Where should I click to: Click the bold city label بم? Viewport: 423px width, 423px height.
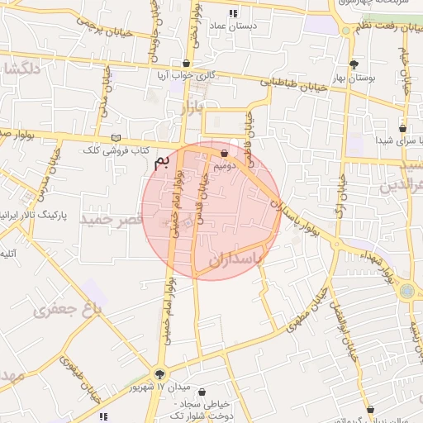pyautogui.click(x=167, y=160)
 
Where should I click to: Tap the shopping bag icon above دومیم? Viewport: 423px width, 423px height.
pyautogui.click(x=224, y=153)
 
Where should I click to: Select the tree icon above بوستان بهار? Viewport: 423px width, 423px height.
pyautogui.click(x=354, y=64)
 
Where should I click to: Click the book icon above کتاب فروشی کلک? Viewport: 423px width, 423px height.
pyautogui.click(x=116, y=138)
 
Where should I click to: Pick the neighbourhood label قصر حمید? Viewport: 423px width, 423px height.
pyautogui.click(x=107, y=220)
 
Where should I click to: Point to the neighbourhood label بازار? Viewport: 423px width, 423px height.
pyautogui.click(x=190, y=110)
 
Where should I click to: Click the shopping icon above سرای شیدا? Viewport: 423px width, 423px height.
pyautogui.click(x=402, y=128)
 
